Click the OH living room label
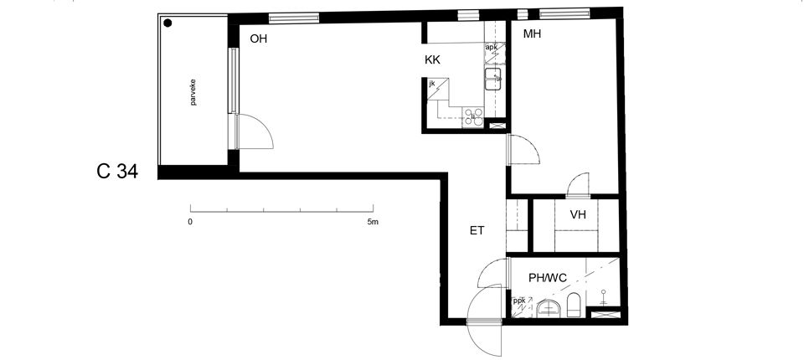[259, 39]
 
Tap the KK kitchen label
[432, 60]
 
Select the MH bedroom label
[533, 34]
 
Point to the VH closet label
[578, 215]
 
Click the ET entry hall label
[477, 231]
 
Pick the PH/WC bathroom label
[548, 278]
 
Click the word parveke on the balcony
[193, 92]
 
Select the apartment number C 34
[117, 172]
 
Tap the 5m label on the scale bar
[373, 222]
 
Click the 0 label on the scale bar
[190, 222]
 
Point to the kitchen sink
[494, 79]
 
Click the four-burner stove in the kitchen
[473, 117]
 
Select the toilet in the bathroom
[574, 305]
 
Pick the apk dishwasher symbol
[495, 54]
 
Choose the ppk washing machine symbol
[522, 307]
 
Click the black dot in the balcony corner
[167, 23]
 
